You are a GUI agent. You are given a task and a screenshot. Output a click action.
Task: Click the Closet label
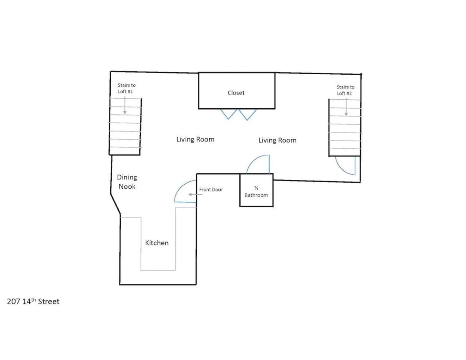click(x=236, y=92)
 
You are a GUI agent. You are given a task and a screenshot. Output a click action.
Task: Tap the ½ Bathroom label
click(x=256, y=192)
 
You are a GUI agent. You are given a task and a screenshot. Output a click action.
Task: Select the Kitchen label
click(x=157, y=243)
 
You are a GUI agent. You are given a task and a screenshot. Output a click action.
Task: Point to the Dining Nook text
click(x=127, y=182)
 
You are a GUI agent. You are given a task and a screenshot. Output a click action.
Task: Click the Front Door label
click(x=211, y=190)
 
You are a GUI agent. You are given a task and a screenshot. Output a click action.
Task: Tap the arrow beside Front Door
click(x=196, y=194)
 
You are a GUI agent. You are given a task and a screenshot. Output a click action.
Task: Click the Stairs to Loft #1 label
click(x=127, y=88)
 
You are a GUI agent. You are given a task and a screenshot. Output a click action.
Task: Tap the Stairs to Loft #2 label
click(x=345, y=90)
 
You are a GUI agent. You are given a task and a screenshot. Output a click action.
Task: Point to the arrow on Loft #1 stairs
click(x=125, y=105)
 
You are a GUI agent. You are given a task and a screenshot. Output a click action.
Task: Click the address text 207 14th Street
click(x=33, y=301)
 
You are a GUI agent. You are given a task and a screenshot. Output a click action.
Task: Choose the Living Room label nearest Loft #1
click(x=196, y=139)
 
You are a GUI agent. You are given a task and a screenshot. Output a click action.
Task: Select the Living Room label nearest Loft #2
click(x=277, y=140)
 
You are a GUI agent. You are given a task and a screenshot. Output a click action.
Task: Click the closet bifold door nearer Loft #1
click(x=228, y=114)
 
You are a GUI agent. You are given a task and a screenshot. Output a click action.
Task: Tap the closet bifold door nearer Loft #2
click(x=247, y=115)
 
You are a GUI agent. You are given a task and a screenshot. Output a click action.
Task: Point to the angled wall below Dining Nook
click(x=115, y=204)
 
